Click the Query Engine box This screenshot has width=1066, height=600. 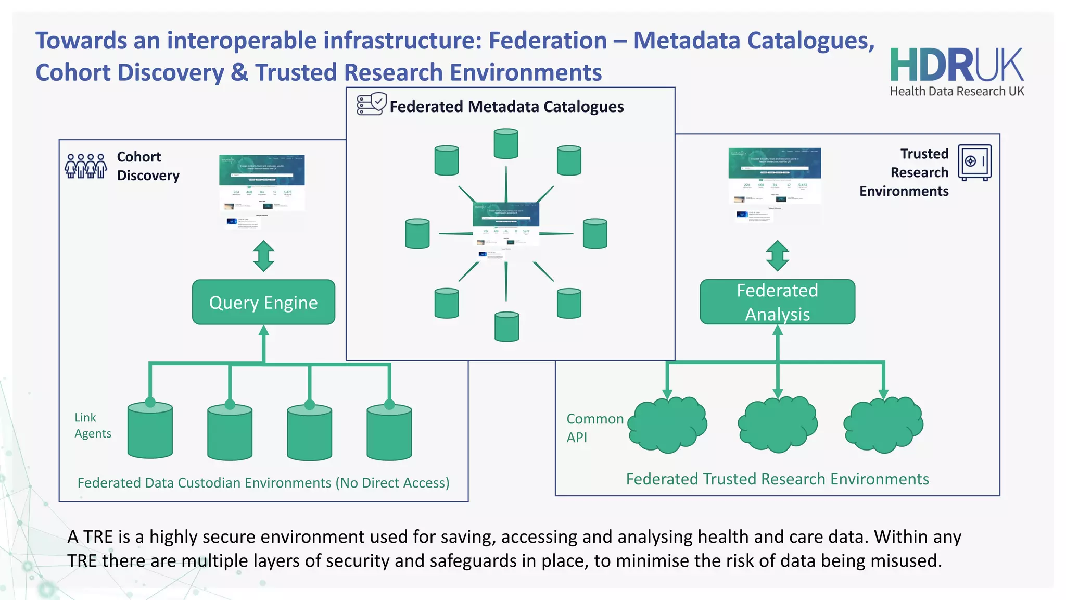(x=263, y=302)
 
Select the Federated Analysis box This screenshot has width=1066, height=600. (x=777, y=302)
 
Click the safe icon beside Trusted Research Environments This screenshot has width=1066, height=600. (x=974, y=162)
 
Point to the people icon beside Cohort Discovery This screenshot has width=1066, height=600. (x=86, y=166)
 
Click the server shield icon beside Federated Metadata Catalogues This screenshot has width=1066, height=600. (x=371, y=104)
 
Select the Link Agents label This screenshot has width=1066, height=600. (x=92, y=425)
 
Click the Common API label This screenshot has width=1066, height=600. (x=594, y=428)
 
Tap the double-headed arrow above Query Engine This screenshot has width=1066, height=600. (x=263, y=256)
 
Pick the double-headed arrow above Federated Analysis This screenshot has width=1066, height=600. (x=777, y=256)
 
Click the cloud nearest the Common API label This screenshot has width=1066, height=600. (x=667, y=424)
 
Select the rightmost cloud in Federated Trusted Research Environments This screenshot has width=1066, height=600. (x=883, y=424)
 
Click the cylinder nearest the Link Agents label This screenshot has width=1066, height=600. (x=150, y=431)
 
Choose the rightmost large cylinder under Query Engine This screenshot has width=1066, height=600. (x=389, y=433)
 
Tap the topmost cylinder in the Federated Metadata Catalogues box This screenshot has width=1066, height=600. (x=506, y=144)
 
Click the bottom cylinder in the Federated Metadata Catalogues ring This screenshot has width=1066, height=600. (x=506, y=327)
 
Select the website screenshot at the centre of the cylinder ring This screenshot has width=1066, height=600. (x=505, y=229)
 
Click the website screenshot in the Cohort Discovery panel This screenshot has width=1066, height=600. (x=262, y=190)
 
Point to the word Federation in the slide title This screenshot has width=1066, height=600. (x=548, y=41)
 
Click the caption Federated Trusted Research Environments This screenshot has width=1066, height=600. (x=777, y=479)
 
